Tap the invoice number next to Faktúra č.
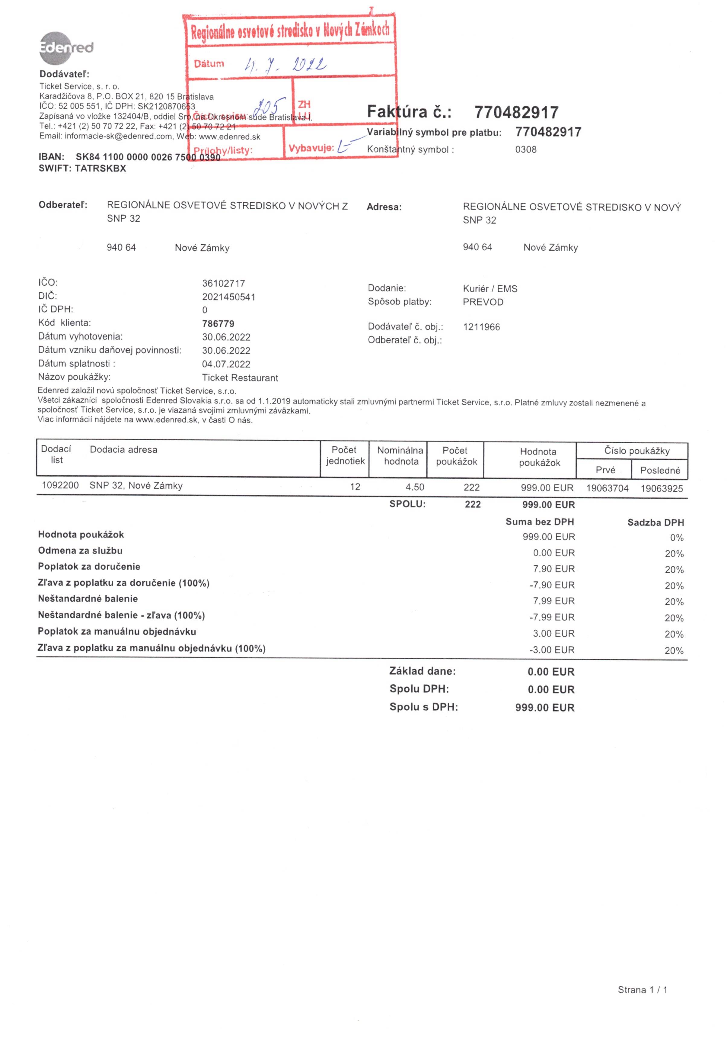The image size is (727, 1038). pyautogui.click(x=516, y=112)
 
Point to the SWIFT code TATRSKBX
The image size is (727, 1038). pyautogui.click(x=100, y=169)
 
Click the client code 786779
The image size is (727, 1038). pyautogui.click(x=218, y=324)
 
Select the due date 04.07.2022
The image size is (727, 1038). pyautogui.click(x=226, y=364)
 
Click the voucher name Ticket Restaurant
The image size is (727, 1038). pyautogui.click(x=240, y=378)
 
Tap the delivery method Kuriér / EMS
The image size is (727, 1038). pyautogui.click(x=490, y=289)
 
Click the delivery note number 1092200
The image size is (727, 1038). pyautogui.click(x=60, y=486)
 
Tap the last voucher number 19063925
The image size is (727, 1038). pyautogui.click(x=662, y=489)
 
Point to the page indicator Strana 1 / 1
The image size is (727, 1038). pyautogui.click(x=642, y=990)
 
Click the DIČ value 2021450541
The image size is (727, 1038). pyautogui.click(x=229, y=297)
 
